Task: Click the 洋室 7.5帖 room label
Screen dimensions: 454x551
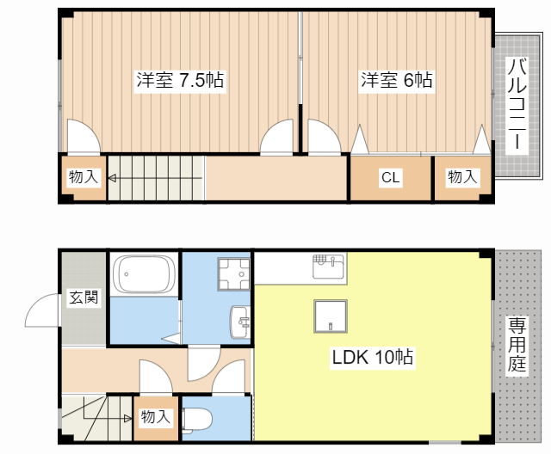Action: click(180, 81)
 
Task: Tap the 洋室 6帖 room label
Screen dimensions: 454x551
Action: click(396, 81)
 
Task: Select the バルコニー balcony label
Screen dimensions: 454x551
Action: click(517, 104)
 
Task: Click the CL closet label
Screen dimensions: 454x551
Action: click(391, 178)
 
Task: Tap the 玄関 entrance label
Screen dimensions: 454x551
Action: click(84, 298)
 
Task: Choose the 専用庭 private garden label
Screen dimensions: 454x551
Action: click(516, 344)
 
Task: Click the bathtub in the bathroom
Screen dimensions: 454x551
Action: click(144, 273)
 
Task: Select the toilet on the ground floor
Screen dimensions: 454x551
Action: click(197, 419)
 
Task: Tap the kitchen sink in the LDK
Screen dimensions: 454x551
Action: click(327, 262)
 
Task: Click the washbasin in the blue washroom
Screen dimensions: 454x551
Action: click(239, 323)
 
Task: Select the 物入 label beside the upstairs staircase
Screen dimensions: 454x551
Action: click(84, 178)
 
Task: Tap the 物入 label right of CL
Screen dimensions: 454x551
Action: click(462, 177)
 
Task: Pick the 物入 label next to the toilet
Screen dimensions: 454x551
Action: click(155, 417)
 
